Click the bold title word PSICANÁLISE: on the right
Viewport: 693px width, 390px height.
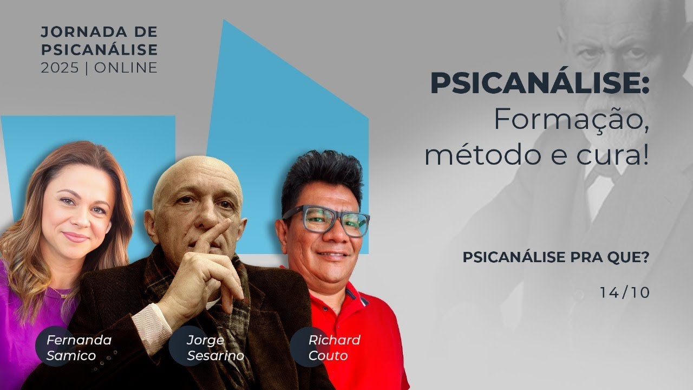[539, 84]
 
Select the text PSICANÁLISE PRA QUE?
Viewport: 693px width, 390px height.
[555, 258]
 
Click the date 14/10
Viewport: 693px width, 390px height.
[624, 292]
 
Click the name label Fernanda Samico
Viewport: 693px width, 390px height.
[79, 348]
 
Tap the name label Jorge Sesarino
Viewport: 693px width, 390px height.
[215, 348]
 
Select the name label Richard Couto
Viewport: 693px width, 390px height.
[334, 348]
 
